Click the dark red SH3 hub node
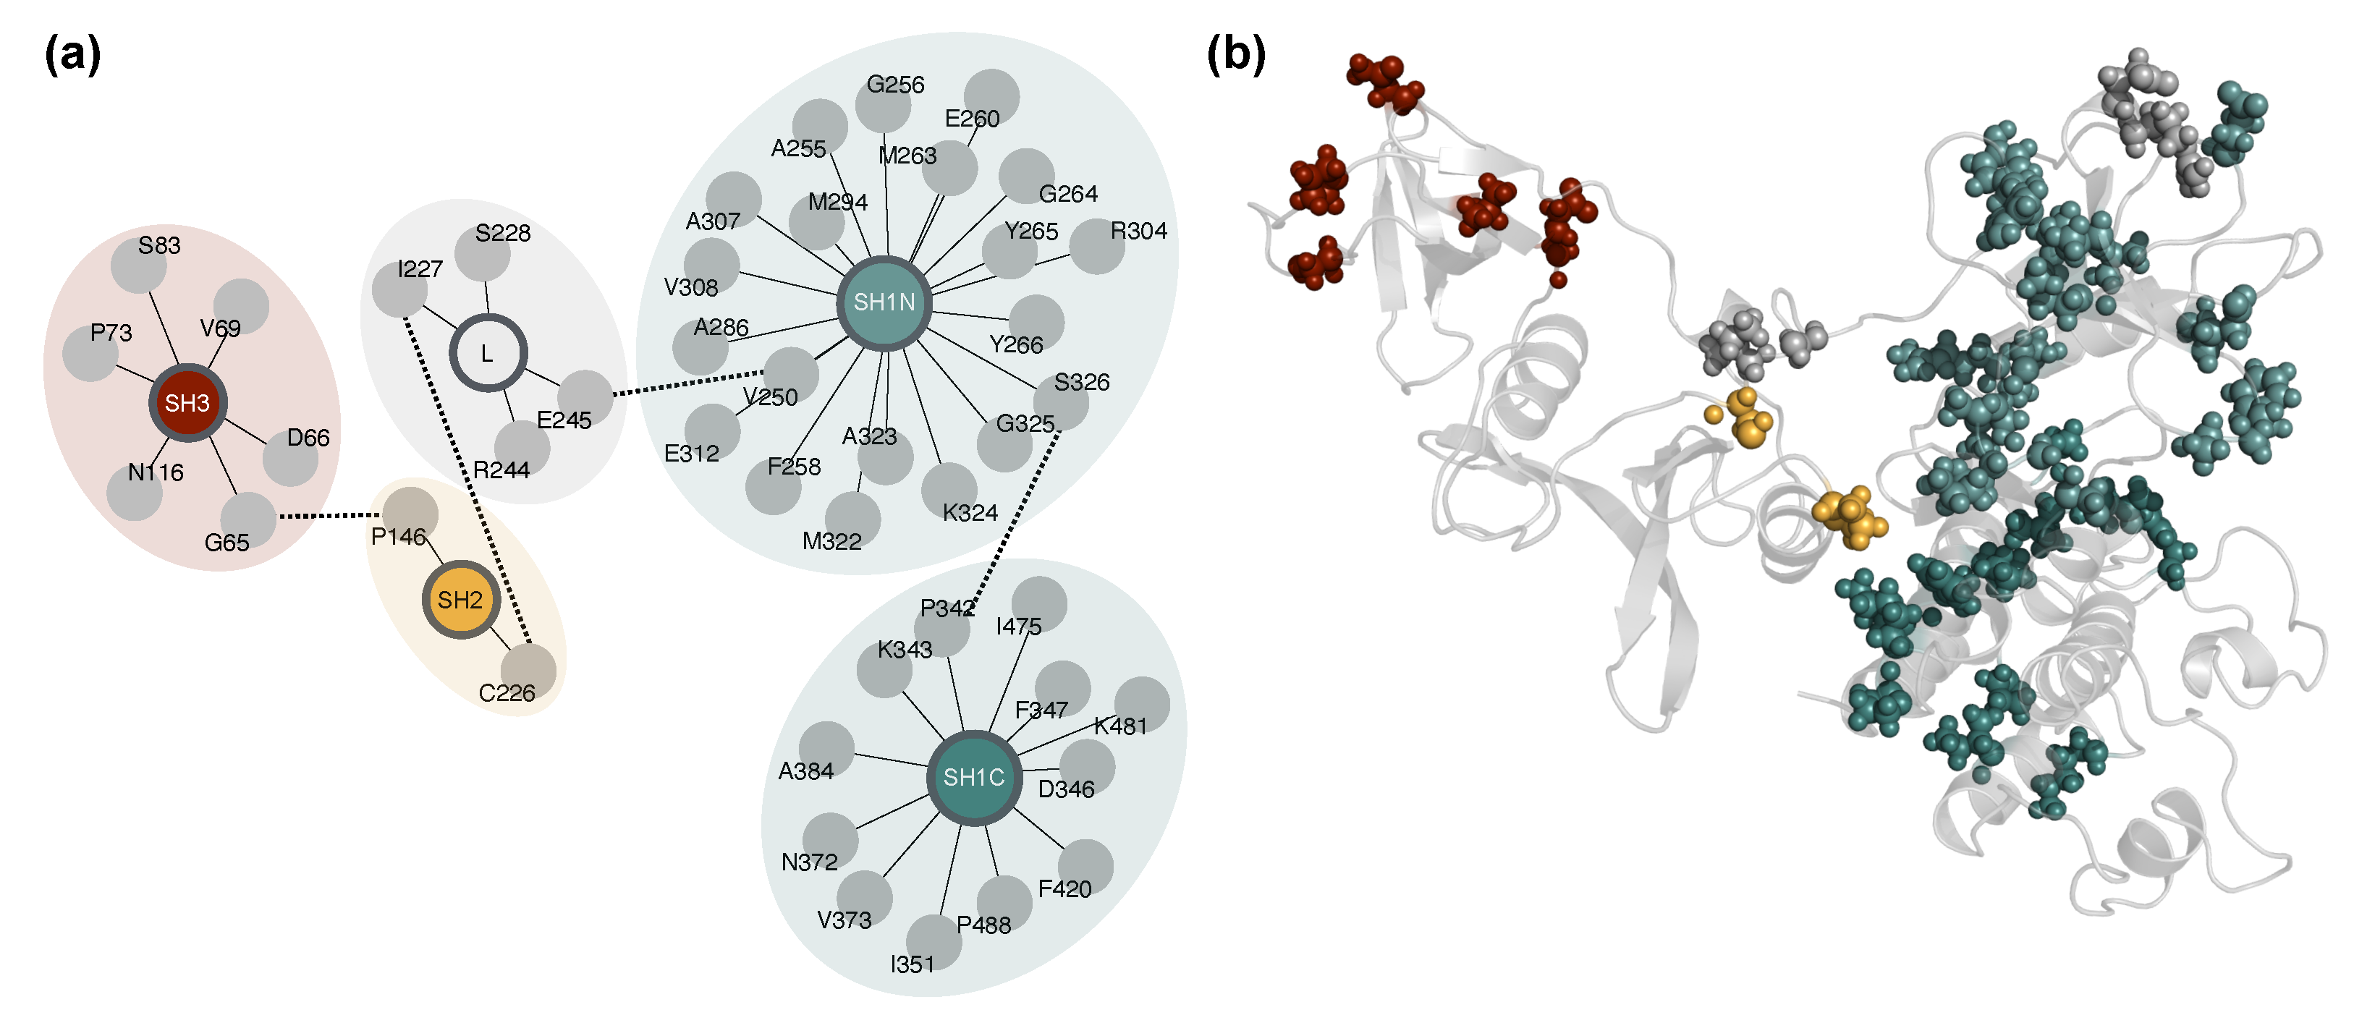tap(187, 403)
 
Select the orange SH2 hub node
tap(460, 600)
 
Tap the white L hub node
tap(488, 353)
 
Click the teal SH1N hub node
tap(884, 302)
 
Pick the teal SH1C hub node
tap(973, 777)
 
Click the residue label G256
tap(895, 85)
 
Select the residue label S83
tap(159, 245)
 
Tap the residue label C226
tap(506, 693)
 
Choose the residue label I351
tap(912, 964)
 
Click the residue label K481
tap(1121, 726)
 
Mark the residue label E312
tap(692, 454)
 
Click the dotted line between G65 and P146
tap(329, 516)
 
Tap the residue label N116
tap(156, 472)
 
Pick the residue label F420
tap(1065, 888)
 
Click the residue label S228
tap(502, 233)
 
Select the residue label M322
tap(831, 541)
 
